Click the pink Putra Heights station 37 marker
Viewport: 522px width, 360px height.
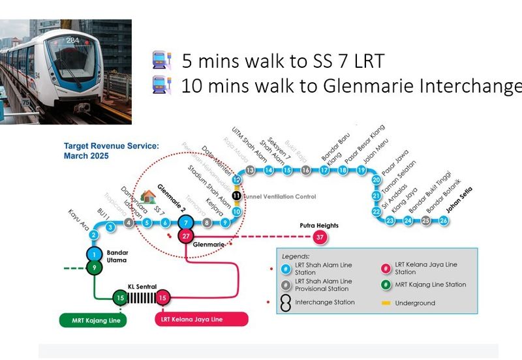pyautogui.click(x=319, y=237)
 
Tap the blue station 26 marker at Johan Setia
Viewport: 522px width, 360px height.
pyautogui.click(x=444, y=220)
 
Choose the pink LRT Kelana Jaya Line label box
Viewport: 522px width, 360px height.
pyautogui.click(x=202, y=319)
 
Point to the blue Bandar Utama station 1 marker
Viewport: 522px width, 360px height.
pyautogui.click(x=94, y=254)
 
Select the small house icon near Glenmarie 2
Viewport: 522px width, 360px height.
pyautogui.click(x=148, y=196)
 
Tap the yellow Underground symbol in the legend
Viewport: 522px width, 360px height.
pyautogui.click(x=387, y=303)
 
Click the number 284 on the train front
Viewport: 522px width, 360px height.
pyautogui.click(x=72, y=40)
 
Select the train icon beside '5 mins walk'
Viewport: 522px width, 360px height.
pyautogui.click(x=161, y=62)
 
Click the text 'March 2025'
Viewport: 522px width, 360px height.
pyautogui.click(x=86, y=157)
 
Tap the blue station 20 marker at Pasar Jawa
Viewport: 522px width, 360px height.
pyautogui.click(x=376, y=180)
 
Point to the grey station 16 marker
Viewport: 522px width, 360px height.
pyautogui.click(x=305, y=170)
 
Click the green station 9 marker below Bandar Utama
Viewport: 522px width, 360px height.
pyautogui.click(x=94, y=267)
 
